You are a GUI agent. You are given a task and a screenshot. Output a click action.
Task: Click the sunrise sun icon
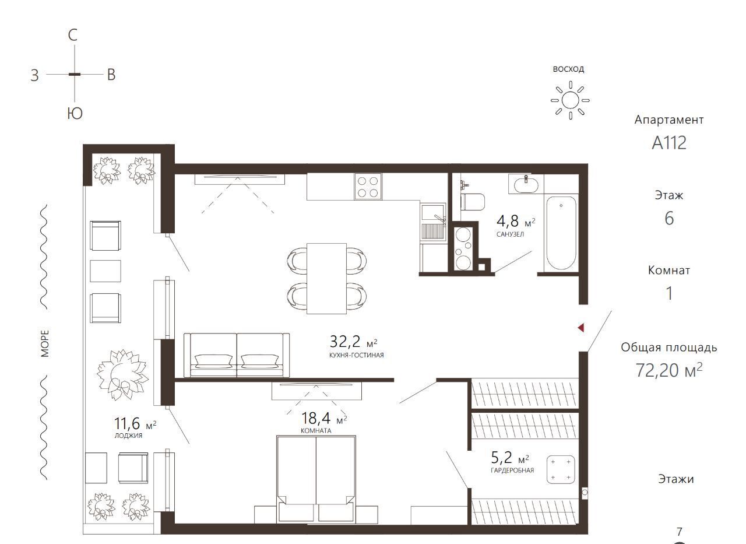(570, 100)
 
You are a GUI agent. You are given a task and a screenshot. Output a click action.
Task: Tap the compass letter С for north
(73, 35)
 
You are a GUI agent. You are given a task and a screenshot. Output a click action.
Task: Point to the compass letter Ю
(75, 114)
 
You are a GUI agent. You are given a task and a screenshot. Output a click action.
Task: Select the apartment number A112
(668, 143)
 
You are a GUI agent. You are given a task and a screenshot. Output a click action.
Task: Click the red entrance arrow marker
(581, 328)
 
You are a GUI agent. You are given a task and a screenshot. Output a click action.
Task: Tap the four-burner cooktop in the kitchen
(368, 187)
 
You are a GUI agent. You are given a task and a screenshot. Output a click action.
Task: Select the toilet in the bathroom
(472, 202)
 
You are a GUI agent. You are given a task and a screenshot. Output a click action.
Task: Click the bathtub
(561, 233)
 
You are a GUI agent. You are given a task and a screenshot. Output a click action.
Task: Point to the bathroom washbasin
(526, 184)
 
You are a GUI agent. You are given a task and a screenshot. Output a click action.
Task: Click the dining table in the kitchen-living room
(326, 279)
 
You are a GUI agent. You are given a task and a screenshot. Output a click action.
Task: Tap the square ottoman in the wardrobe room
(561, 469)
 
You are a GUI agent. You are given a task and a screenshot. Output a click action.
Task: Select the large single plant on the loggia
(122, 375)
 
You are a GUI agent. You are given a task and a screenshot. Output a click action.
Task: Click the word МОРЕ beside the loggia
(45, 343)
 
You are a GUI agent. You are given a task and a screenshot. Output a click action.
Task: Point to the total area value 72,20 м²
(668, 370)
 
